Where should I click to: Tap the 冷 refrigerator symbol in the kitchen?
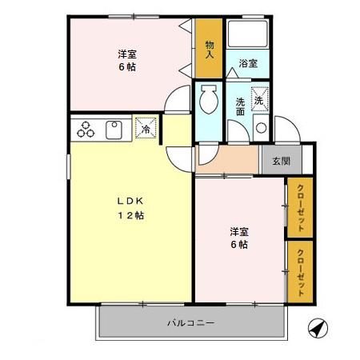tap(146, 128)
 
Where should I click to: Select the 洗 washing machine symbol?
tap(259, 100)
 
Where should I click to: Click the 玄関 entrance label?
tap(280, 161)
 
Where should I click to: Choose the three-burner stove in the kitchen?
tap(84, 128)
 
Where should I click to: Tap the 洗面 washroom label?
tap(241, 107)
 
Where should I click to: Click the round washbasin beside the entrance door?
tap(260, 128)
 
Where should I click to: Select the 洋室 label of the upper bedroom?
tap(126, 54)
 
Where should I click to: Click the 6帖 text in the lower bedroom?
tap(238, 245)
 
